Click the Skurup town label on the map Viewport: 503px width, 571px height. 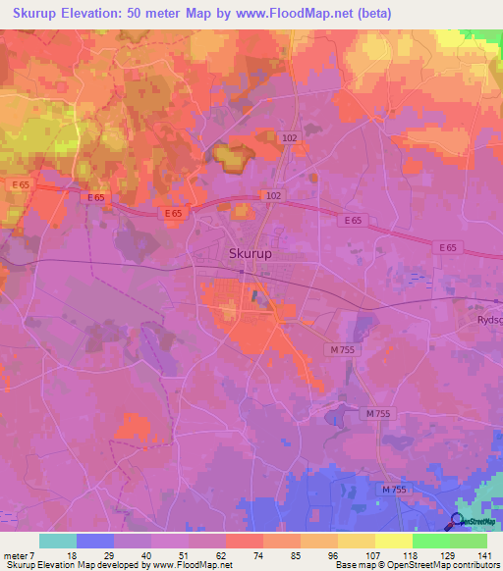point(250,253)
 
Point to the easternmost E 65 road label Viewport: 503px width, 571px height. point(448,247)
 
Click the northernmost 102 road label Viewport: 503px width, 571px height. point(288,138)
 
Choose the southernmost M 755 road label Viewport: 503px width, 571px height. point(393,489)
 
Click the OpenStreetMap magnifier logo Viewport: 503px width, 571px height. point(459,522)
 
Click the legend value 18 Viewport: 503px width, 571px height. point(71,555)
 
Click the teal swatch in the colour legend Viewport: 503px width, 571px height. point(58,541)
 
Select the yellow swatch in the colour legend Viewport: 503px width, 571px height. point(394,541)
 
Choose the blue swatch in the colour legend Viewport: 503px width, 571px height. point(95,541)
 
